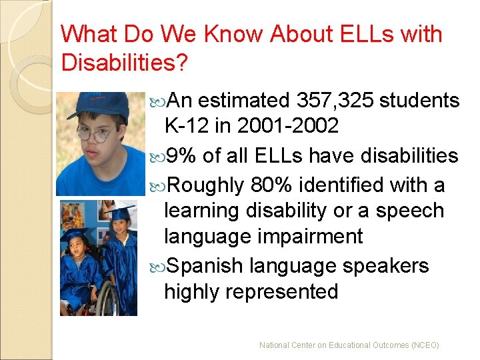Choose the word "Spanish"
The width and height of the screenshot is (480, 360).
[x=204, y=266]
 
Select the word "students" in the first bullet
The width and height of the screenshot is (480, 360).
[x=421, y=101]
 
